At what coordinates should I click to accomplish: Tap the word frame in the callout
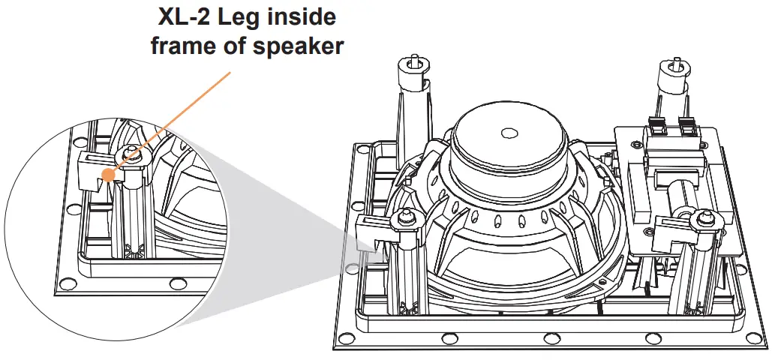182,46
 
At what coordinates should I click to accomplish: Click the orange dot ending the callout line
110,175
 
